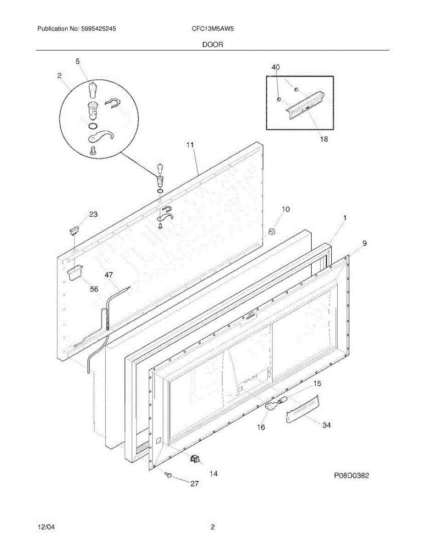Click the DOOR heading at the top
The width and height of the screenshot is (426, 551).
[x=212, y=45]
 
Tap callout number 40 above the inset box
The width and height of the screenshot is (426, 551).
[x=275, y=67]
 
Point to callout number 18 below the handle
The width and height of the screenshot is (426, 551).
[x=324, y=139]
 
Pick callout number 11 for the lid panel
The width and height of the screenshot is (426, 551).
[x=190, y=145]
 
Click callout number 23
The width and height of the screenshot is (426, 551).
[x=93, y=214]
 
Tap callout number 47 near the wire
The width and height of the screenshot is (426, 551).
[x=108, y=275]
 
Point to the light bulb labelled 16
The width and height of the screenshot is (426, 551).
[x=271, y=406]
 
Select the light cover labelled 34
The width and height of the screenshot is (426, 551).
[x=301, y=407]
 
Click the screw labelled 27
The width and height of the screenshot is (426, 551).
[x=168, y=475]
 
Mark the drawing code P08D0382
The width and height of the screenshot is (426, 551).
[x=351, y=476]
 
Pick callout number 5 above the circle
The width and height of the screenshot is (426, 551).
[x=78, y=61]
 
